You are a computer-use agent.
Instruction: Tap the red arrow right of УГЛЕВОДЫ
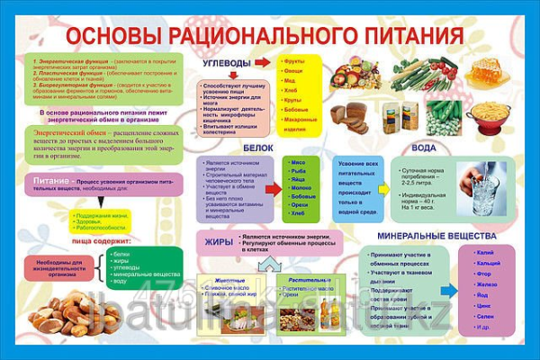[262, 63]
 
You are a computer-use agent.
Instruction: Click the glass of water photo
[483, 188]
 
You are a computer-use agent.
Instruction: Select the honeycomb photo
[486, 74]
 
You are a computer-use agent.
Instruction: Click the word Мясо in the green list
[299, 162]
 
